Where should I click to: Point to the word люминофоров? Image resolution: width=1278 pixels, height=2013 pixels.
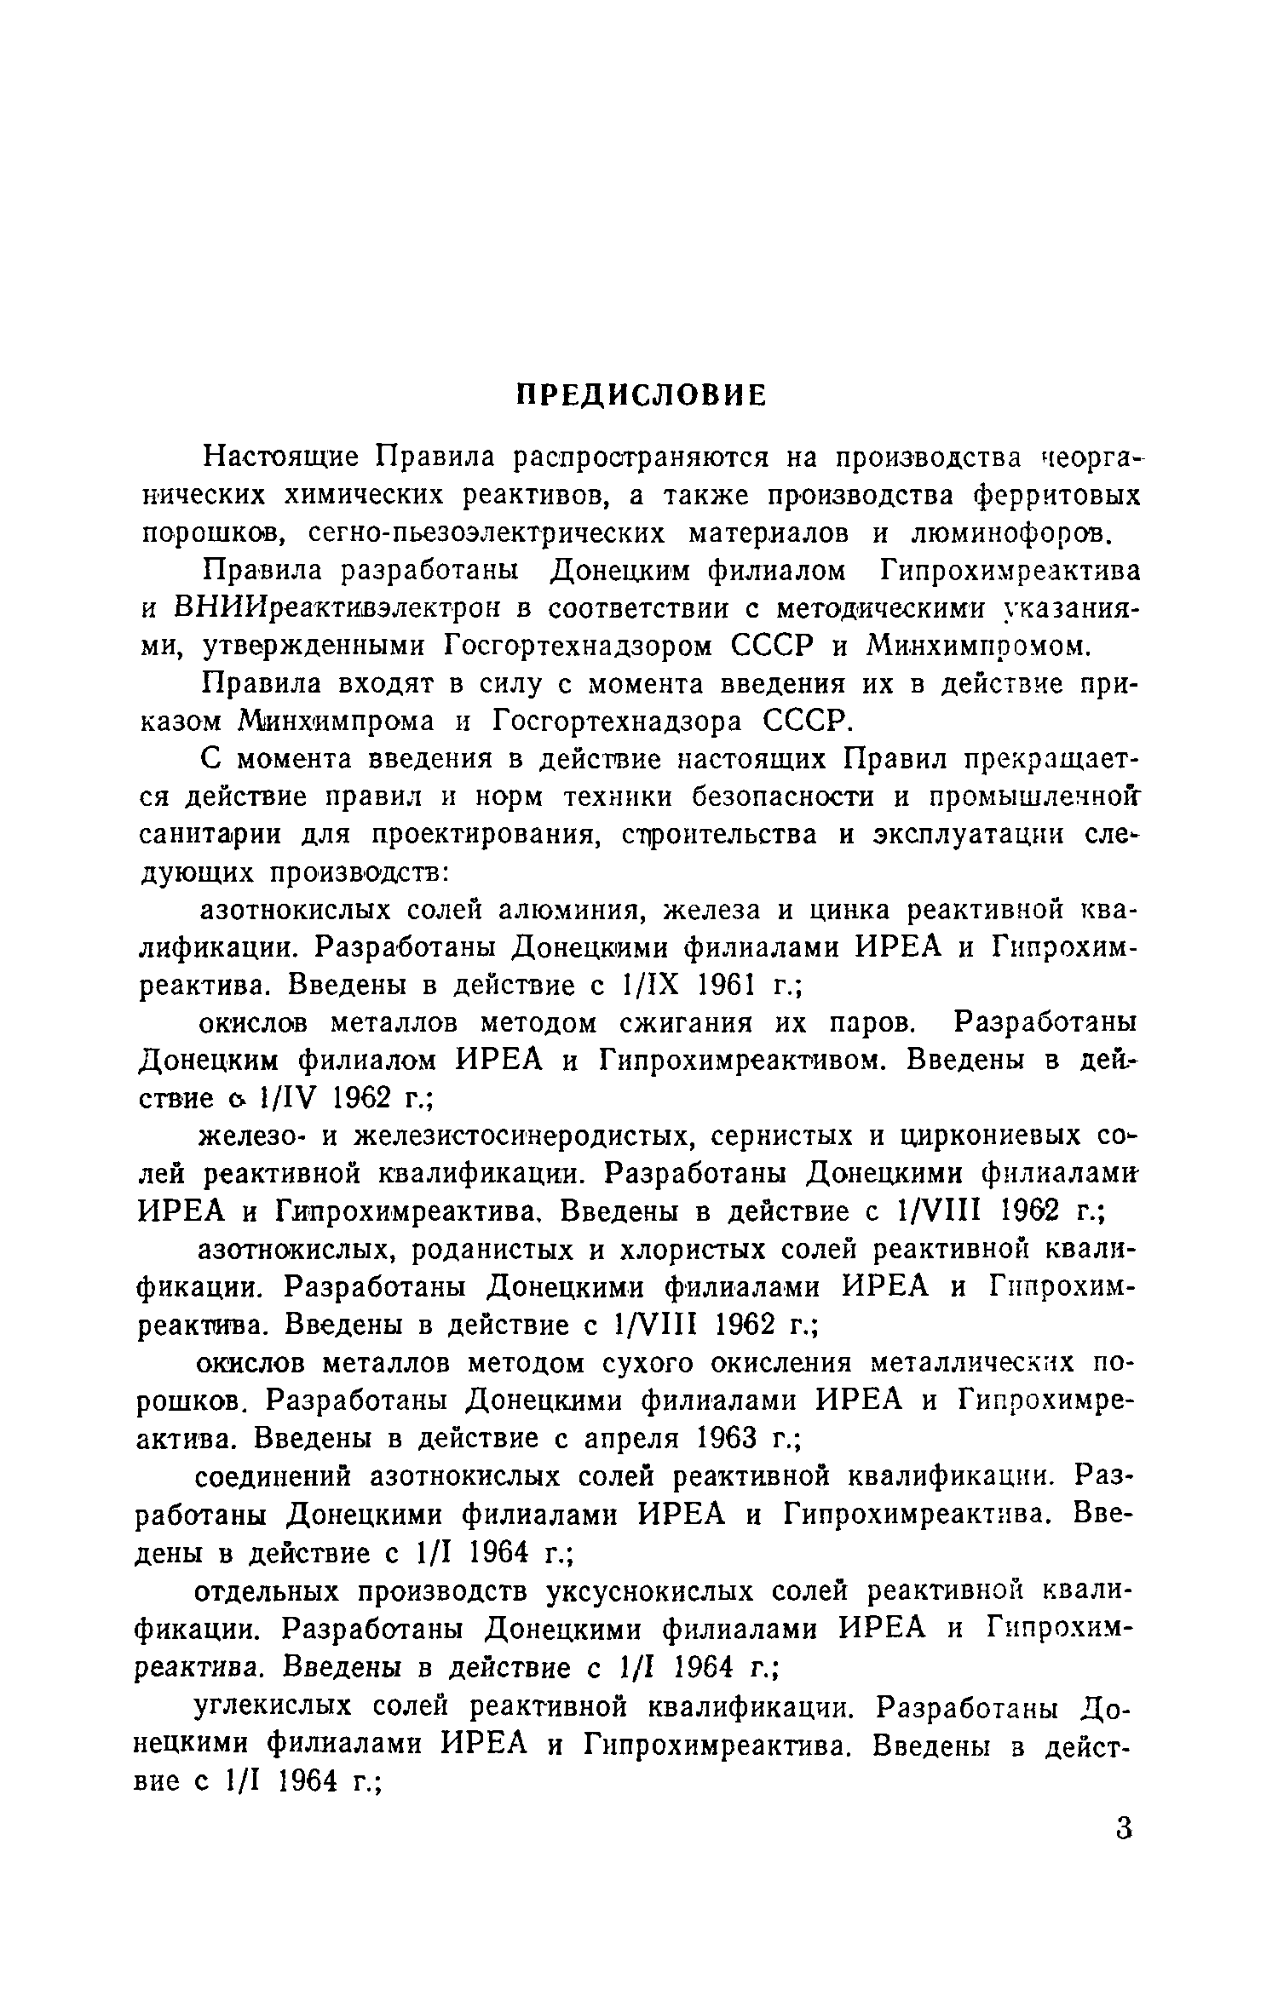coord(1012,534)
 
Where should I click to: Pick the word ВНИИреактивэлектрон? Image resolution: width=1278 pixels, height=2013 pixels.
coord(341,608)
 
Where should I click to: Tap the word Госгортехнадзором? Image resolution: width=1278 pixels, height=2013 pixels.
coord(579,647)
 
